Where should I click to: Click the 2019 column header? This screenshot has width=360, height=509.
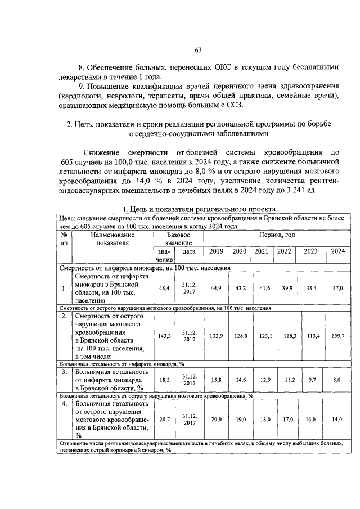tap(216, 251)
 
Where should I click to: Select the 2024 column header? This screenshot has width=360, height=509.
tap(337, 251)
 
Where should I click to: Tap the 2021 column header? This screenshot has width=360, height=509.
tap(261, 251)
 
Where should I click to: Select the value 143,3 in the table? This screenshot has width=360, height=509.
tap(164, 336)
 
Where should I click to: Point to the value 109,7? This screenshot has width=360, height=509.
tap(337, 336)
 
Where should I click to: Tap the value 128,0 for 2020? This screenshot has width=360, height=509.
tap(241, 336)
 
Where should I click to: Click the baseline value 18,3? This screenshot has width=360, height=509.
tap(164, 380)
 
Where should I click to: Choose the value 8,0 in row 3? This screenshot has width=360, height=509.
tap(337, 380)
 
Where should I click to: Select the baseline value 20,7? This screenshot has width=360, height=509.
tap(164, 419)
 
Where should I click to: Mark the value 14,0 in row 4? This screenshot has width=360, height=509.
tap(337, 419)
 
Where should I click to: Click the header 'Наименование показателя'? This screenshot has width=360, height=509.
tap(112, 238)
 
